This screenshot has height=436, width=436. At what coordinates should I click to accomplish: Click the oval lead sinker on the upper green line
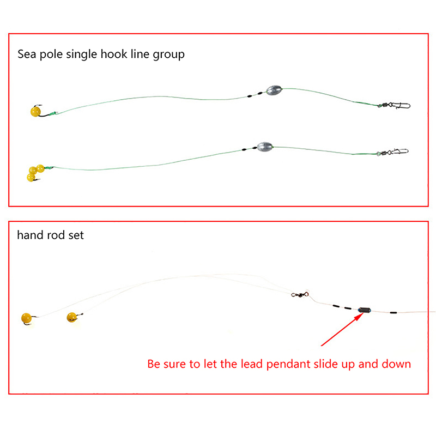pos(274,90)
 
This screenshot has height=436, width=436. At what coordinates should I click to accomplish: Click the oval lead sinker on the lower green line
pos(265,147)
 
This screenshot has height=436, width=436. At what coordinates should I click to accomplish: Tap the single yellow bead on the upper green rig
pos(35,112)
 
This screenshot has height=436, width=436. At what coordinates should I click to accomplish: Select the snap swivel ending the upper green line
pos(394,105)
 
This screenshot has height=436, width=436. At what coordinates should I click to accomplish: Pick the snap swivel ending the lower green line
pos(392,152)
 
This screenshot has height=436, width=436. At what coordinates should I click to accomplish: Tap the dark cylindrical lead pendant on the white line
pos(364,310)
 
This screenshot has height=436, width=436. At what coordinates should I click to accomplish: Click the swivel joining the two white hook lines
pos(300,294)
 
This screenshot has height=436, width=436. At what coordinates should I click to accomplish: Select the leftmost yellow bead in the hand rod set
pos(26,318)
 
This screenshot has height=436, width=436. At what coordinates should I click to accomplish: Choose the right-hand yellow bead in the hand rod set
pos(72,317)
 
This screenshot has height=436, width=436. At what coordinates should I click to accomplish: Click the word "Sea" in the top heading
pos(27,54)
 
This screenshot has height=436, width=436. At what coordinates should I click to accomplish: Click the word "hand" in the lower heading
pos(31,235)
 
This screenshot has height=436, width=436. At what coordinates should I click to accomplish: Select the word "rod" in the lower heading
pos(57,235)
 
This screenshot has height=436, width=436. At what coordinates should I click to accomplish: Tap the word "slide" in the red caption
pos(325,364)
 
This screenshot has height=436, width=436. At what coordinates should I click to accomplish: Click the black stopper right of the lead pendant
pos(393,312)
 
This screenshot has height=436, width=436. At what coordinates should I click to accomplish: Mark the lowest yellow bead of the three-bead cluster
pos(31,178)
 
